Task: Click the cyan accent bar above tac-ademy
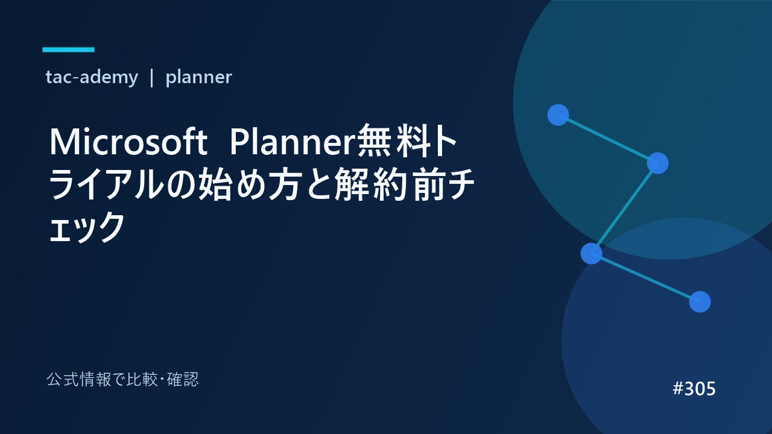(68, 49)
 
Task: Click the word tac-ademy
(92, 77)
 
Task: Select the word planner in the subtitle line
(198, 78)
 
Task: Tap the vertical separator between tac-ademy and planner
(151, 78)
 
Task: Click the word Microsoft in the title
(128, 142)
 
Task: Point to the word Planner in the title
(293, 142)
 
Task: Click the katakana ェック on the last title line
(87, 227)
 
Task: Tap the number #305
(694, 389)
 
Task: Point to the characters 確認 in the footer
(183, 380)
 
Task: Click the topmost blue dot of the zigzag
(558, 115)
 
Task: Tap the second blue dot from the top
(657, 163)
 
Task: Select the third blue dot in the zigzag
(592, 254)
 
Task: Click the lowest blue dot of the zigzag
(700, 302)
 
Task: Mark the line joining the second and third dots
(624, 209)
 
